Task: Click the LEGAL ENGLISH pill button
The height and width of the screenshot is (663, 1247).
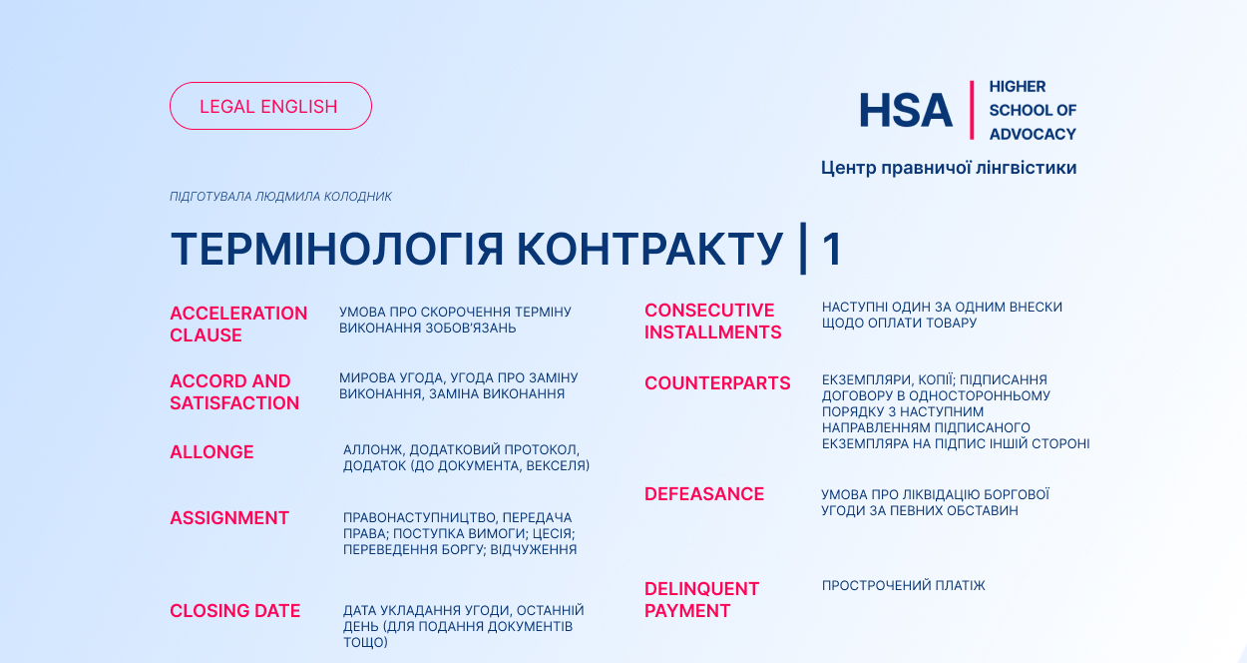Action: (270, 106)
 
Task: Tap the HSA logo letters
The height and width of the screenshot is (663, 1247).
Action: (906, 110)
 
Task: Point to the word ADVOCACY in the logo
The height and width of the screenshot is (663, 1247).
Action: (1033, 134)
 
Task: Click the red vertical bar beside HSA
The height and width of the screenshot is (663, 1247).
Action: (972, 110)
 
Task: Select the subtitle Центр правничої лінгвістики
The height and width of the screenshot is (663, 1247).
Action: (949, 168)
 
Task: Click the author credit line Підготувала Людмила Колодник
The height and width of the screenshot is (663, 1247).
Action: (280, 196)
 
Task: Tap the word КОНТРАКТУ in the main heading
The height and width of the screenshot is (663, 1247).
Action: (649, 249)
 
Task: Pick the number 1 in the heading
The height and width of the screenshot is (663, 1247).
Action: (832, 249)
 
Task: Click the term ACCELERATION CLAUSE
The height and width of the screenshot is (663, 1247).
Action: (238, 325)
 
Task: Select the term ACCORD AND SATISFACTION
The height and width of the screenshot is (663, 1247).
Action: (234, 392)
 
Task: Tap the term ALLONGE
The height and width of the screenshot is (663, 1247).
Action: (211, 452)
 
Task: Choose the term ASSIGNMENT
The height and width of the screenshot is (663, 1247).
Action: (229, 517)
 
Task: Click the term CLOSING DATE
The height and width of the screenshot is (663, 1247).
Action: (234, 611)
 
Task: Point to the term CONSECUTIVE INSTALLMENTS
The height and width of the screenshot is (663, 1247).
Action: (713, 321)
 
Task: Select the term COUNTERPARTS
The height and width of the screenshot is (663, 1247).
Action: (717, 382)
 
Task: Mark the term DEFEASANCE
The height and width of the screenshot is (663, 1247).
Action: (704, 493)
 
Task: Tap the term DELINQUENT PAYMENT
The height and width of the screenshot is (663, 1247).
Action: (701, 599)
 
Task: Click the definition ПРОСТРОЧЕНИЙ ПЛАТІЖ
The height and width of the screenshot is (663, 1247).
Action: (904, 585)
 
